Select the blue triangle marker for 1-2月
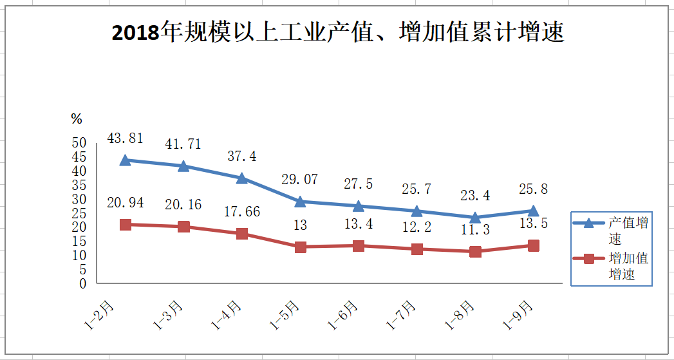pyautogui.click(x=126, y=160)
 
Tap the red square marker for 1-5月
pyautogui.click(x=300, y=247)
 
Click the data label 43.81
pyautogui.click(x=126, y=138)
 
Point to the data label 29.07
pyautogui.click(x=300, y=180)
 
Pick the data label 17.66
pyautogui.click(x=242, y=212)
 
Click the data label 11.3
pyautogui.click(x=475, y=231)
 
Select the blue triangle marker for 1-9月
pyautogui.click(x=533, y=210)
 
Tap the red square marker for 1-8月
pyautogui.click(x=475, y=251)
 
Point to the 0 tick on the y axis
pyautogui.click(x=82, y=283)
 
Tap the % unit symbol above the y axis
pyautogui.click(x=77, y=118)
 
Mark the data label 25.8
pyautogui.click(x=533, y=189)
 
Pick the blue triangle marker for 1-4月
pyautogui.click(x=242, y=178)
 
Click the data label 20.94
pyautogui.click(x=126, y=203)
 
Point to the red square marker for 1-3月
pyautogui.click(x=183, y=227)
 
